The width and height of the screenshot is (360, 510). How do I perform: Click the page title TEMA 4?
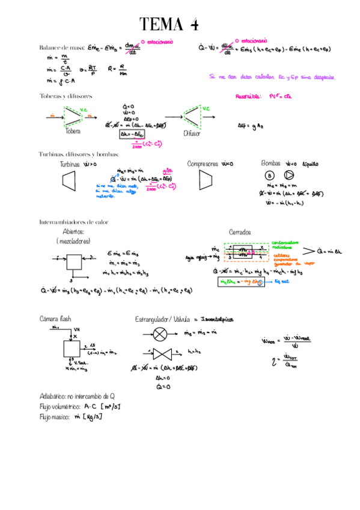pos(169,25)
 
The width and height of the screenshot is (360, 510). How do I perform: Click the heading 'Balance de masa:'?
pos(61,47)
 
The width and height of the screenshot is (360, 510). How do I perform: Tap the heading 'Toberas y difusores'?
pos(66,96)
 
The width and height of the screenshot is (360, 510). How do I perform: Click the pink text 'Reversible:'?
pos(247,96)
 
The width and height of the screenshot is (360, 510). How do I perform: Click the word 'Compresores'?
pos(203,164)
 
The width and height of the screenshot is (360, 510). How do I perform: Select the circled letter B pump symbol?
pos(269,176)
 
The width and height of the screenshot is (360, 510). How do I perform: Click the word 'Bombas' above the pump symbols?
pos(272,163)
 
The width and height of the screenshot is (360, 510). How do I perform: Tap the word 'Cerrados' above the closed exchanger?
pos(240,232)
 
